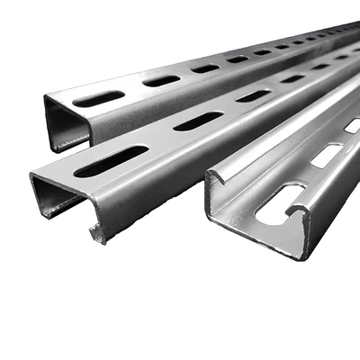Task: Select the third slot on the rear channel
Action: point(205,68)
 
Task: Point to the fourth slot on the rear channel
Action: point(238,59)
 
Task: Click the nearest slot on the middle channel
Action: point(112,161)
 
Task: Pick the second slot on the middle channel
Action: point(198,121)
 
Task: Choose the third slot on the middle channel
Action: point(253,95)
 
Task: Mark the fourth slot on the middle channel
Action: point(292,78)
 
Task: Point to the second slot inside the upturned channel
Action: point(325,156)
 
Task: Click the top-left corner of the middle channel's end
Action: point(31,175)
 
